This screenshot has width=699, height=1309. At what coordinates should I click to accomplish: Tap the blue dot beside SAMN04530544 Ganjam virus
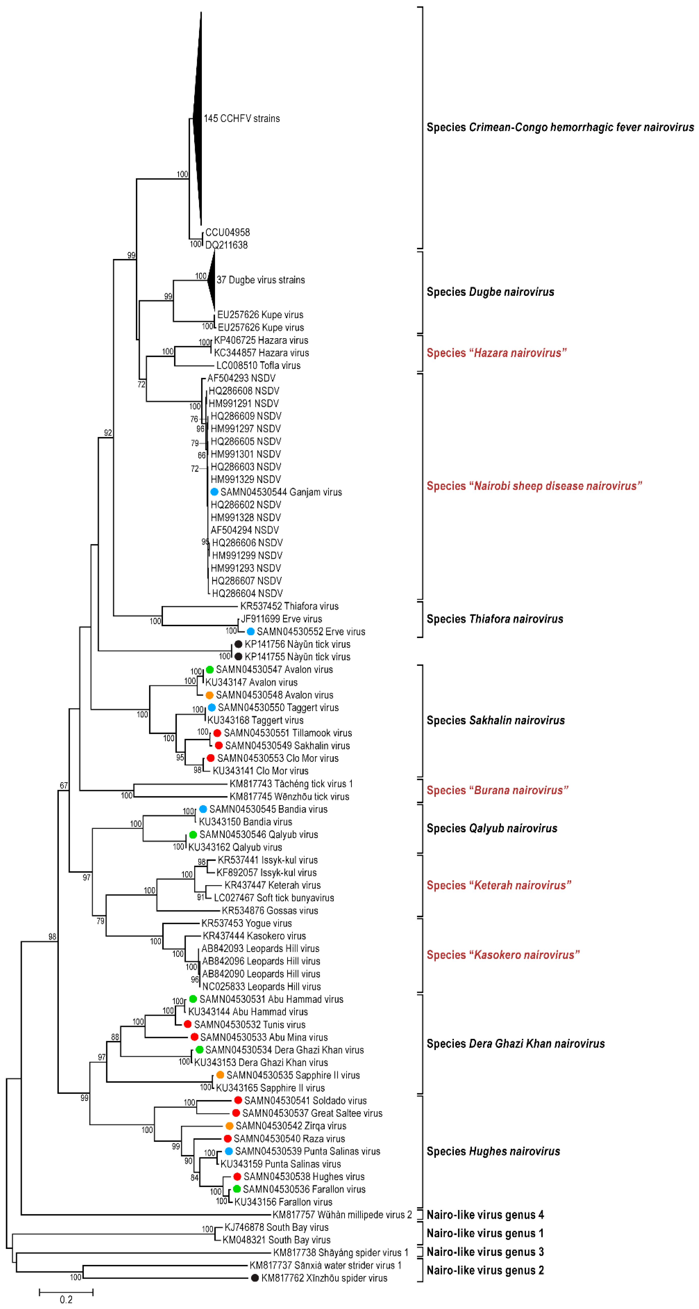[214, 492]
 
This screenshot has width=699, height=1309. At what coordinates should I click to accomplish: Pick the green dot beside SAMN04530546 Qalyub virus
[193, 834]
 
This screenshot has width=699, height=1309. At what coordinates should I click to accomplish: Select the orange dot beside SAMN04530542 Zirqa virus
[229, 1126]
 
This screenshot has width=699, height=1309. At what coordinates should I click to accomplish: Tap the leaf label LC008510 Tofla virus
[258, 365]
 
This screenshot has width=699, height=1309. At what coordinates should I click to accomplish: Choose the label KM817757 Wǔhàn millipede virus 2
[342, 1214]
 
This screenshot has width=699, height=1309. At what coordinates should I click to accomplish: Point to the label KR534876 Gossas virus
[270, 911]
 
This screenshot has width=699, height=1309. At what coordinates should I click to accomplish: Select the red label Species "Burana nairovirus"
[497, 790]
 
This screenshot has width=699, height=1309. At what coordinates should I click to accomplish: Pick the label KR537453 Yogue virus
[246, 923]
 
